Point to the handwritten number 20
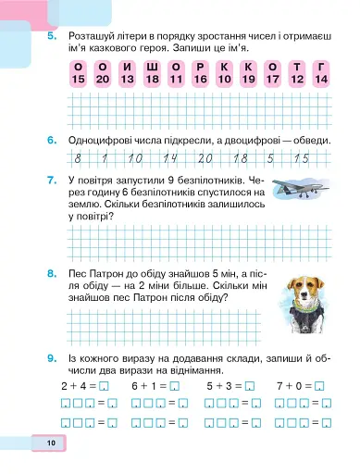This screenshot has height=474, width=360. pyautogui.click(x=205, y=158)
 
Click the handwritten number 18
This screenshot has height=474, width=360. pyautogui.click(x=240, y=158)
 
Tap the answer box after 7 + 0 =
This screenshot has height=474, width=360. pyautogui.click(x=319, y=384)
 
